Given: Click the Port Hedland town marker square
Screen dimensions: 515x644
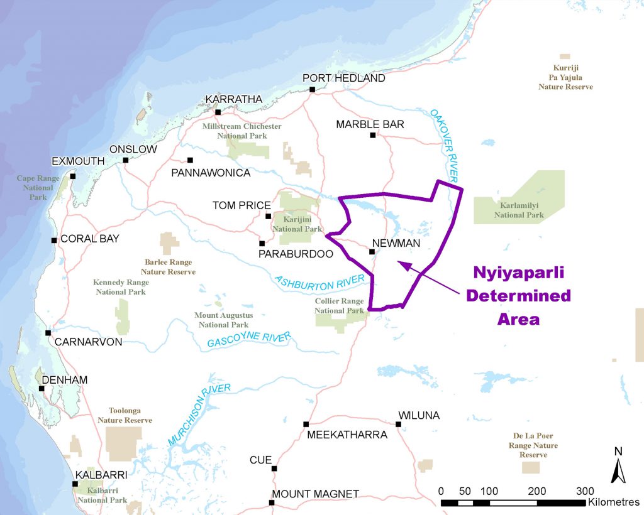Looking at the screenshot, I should coord(312,90).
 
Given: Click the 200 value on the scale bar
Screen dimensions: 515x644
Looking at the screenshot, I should coord(537,491).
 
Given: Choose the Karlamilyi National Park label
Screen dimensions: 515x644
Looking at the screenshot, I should coord(518,210).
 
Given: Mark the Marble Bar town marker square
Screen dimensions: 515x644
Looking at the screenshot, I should coord(372,135).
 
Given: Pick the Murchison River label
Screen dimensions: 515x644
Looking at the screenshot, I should coord(199,415).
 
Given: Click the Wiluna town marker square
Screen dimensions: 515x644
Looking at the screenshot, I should coord(398,425).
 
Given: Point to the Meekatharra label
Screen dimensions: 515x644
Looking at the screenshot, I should coord(347,435).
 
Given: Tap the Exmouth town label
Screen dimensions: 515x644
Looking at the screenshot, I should coord(78,161).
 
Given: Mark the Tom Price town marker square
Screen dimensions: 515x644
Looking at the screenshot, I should coord(269,216).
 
